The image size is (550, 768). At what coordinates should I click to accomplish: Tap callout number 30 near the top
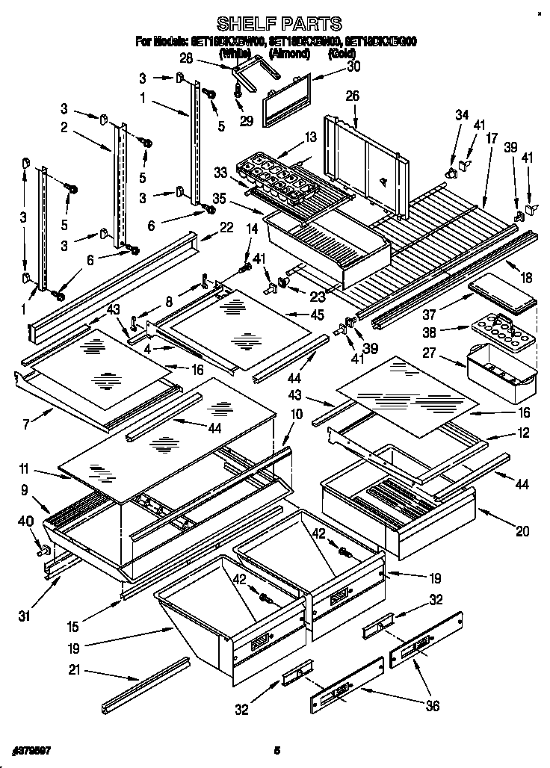pos(353,66)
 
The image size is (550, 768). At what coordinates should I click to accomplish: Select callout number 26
pos(352,96)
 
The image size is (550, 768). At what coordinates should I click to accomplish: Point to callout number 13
pos(310,137)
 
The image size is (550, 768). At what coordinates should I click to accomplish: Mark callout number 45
pos(317,315)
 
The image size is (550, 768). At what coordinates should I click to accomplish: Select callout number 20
pos(521,532)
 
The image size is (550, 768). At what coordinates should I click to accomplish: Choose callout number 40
pos(26,521)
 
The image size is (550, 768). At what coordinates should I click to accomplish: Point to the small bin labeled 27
pos(501,368)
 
